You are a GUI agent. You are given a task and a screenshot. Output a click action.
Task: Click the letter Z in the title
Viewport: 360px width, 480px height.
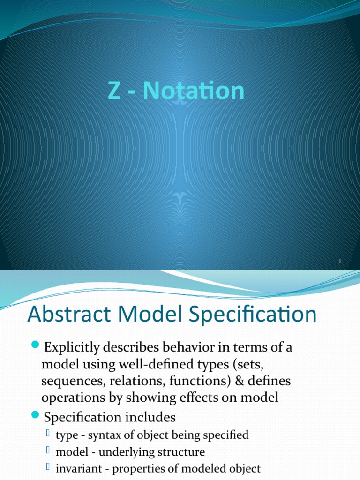113,91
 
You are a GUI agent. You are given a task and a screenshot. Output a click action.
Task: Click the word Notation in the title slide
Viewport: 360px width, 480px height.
194,91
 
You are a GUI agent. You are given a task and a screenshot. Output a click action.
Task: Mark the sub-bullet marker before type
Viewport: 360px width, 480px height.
48,434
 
